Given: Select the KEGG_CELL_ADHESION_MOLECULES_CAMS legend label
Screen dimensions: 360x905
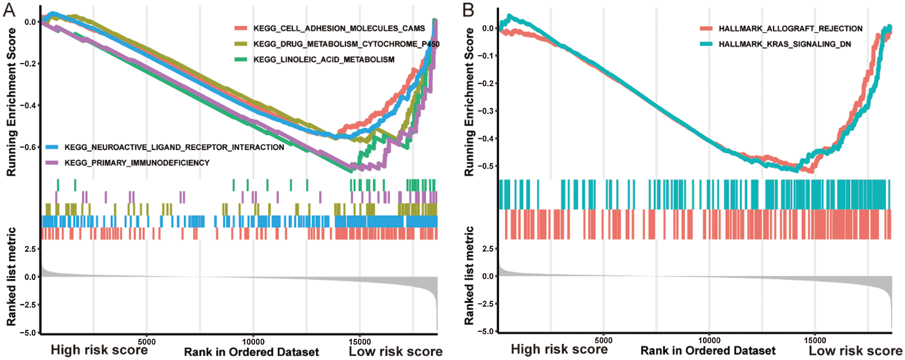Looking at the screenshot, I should pyautogui.click(x=339, y=28).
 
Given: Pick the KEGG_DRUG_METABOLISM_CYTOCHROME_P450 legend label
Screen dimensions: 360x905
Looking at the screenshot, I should pyautogui.click(x=346, y=44).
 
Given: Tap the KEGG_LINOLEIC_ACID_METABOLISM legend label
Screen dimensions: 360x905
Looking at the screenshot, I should pyautogui.click(x=324, y=60).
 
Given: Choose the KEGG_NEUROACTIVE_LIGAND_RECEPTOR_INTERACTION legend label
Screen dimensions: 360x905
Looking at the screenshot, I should pyautogui.click(x=174, y=147).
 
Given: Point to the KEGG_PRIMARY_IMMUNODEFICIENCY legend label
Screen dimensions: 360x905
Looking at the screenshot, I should pyautogui.click(x=137, y=163).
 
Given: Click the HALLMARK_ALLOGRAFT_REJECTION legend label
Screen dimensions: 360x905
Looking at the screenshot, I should pyautogui.click(x=791, y=28).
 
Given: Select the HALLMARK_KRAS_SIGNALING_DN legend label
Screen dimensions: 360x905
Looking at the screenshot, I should pyautogui.click(x=785, y=44).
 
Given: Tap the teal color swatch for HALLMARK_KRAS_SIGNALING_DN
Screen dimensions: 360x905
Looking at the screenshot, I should pyautogui.click(x=706, y=44).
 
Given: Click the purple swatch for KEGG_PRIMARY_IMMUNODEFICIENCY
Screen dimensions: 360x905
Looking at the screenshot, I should pyautogui.click(x=52, y=163).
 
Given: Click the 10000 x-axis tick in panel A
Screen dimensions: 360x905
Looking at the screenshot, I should pyautogui.click(x=253, y=342).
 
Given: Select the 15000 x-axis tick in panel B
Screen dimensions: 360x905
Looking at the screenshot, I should pyautogui.click(x=814, y=341).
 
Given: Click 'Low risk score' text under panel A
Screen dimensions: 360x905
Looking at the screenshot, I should pyautogui.click(x=395, y=351).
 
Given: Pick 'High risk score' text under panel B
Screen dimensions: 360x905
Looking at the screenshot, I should pyautogui.click(x=559, y=350).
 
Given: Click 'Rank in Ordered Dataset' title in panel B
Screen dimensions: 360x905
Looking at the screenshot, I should pyautogui.click(x=708, y=351).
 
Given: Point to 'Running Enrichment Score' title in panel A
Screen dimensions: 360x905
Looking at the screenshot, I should pyautogui.click(x=11, y=102).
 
